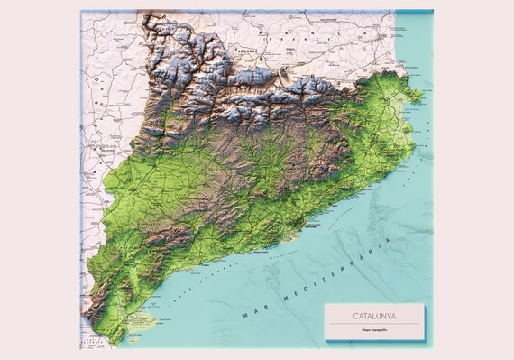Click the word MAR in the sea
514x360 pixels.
[254, 312]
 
